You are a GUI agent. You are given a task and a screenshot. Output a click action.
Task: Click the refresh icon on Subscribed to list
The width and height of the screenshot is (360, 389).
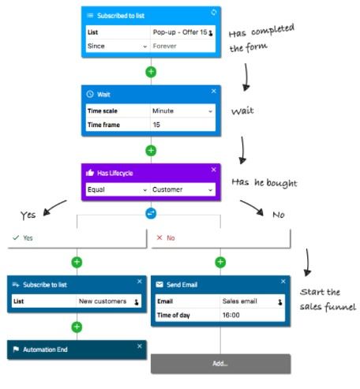214,12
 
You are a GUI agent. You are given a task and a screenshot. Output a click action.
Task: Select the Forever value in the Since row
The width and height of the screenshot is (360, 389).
165,46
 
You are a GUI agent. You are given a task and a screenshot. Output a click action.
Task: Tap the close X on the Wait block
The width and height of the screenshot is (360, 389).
214,91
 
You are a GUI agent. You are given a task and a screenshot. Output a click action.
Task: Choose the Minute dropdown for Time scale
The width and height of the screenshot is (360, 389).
182,111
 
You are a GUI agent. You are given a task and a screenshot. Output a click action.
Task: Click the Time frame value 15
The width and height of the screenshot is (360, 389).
156,125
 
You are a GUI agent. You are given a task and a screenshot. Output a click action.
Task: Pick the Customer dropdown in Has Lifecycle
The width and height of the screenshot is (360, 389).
182,189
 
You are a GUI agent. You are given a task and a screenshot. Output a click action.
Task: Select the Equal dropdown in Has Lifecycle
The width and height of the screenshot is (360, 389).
118,189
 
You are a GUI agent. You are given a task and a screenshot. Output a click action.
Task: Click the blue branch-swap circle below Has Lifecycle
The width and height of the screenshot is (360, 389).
151,214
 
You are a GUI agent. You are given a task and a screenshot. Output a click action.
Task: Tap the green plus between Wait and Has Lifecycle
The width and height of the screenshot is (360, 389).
151,151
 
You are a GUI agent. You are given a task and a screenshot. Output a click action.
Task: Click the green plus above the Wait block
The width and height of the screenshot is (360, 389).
151,72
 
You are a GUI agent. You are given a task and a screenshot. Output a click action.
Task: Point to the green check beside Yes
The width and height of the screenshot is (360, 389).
16,238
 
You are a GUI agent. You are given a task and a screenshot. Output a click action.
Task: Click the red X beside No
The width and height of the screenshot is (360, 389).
159,238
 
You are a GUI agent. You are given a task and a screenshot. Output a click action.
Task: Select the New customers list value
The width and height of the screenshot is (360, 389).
103,301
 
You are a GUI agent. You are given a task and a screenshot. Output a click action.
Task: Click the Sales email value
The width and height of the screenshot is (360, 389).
240,301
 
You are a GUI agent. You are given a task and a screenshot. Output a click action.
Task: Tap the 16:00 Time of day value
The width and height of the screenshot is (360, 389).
231,315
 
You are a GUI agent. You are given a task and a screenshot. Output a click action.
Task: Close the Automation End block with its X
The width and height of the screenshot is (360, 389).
140,346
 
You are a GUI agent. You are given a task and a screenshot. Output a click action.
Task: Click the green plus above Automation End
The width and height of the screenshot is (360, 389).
77,327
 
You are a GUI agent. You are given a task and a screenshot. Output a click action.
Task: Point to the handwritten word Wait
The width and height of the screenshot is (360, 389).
242,110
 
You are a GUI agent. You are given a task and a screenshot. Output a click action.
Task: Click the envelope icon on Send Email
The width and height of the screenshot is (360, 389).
159,285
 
